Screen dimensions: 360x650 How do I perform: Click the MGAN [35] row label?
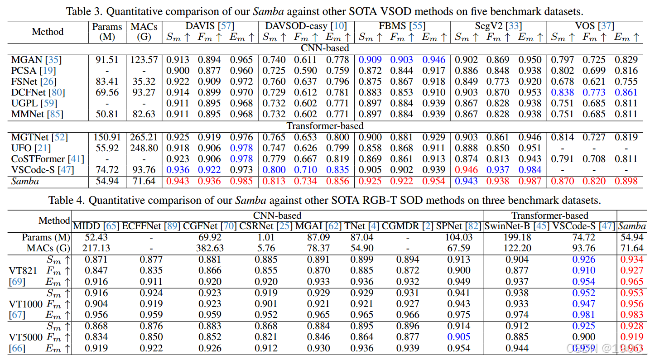pyautogui.click(x=36, y=60)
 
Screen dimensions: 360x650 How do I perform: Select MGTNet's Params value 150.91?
pyautogui.click(x=107, y=137)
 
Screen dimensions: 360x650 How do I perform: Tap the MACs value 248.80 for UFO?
pyautogui.click(x=144, y=148)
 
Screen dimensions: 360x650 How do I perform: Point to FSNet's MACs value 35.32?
pyautogui.click(x=144, y=82)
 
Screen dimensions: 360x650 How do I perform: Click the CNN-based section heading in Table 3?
pyautogui.click(x=325, y=48)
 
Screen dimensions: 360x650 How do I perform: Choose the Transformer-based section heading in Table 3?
pyautogui.click(x=325, y=126)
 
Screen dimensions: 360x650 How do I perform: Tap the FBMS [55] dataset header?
pyautogui.click(x=402, y=26)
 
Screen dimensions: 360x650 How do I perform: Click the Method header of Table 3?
pyautogui.click(x=48, y=32)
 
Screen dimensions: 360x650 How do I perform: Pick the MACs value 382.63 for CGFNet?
pyautogui.click(x=209, y=248)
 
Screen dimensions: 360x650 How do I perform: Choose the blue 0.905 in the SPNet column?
pyautogui.click(x=459, y=337)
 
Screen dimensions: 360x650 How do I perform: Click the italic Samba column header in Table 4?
pyautogui.click(x=632, y=226)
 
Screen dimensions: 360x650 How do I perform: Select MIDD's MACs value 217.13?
pyautogui.click(x=96, y=248)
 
